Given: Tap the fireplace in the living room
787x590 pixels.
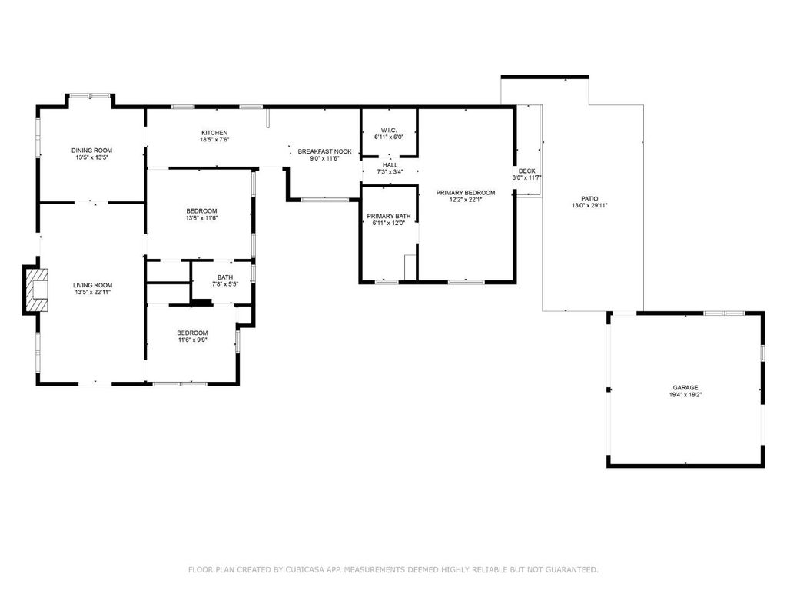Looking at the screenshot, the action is [35, 290].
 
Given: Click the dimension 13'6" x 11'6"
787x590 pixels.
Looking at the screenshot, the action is [202, 218].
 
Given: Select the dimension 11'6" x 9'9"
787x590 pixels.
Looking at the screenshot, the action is [193, 340].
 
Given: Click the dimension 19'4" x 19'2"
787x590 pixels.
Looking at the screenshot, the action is [686, 394].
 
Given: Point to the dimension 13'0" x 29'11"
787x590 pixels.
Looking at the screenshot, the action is [589, 205].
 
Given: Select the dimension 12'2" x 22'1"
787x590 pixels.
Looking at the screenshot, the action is [466, 200].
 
